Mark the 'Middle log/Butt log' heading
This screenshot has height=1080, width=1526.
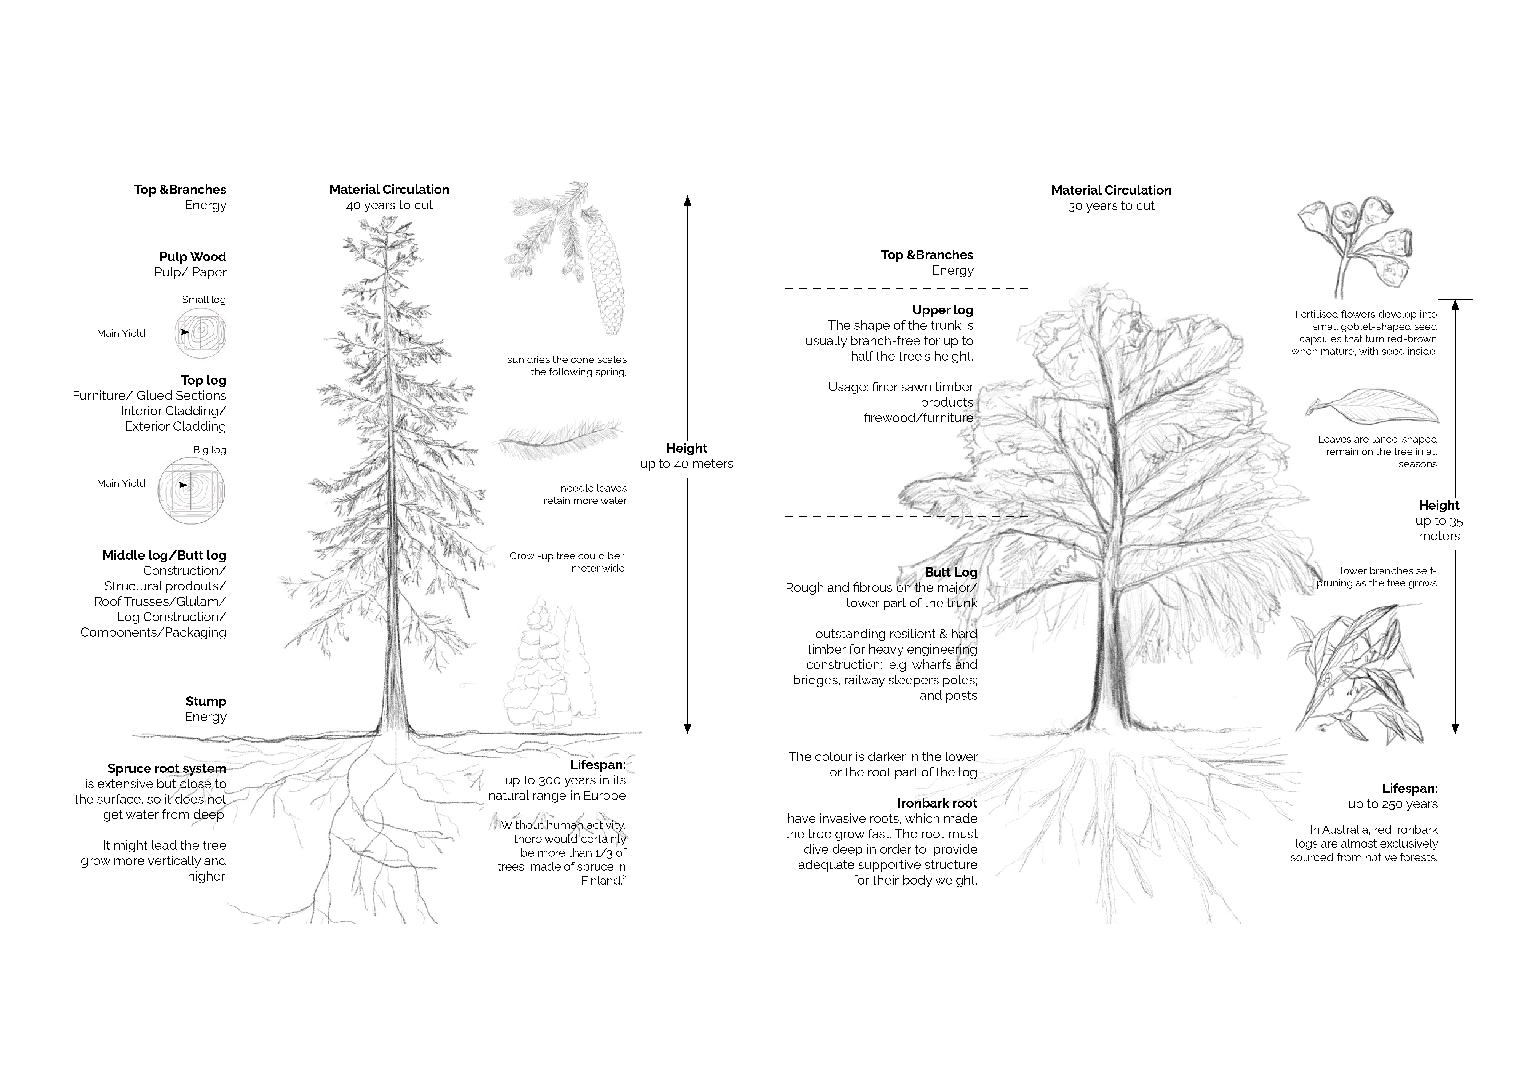coord(164,555)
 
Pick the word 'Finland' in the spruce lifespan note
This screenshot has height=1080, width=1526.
coord(601,881)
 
